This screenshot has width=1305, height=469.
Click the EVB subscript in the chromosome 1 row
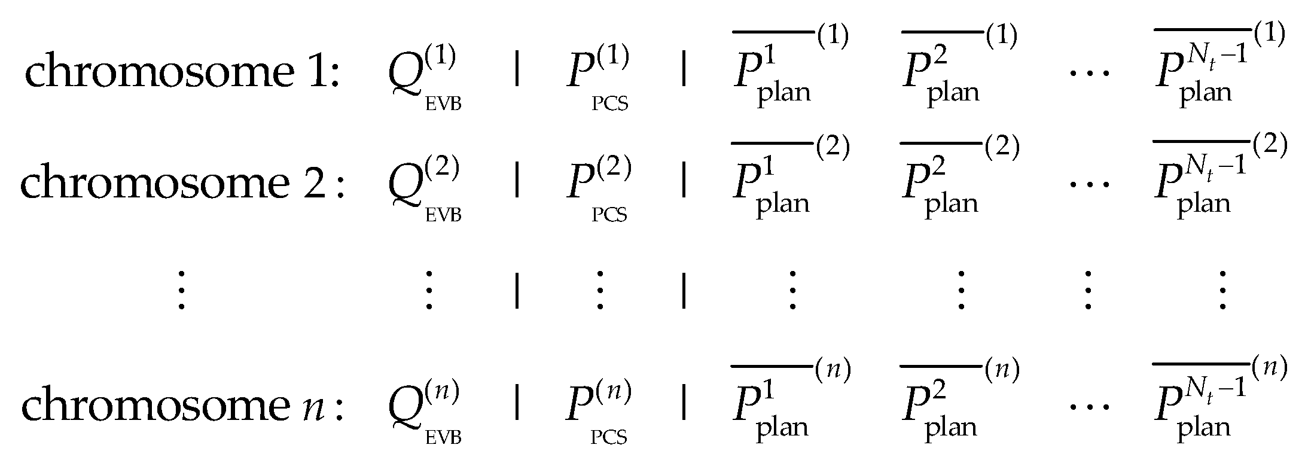pyautogui.click(x=443, y=105)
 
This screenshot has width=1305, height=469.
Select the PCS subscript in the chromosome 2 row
pyautogui.click(x=609, y=215)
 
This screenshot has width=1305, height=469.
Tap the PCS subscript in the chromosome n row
pyautogui.click(x=609, y=438)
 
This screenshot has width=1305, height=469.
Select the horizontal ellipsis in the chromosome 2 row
pyautogui.click(x=1088, y=184)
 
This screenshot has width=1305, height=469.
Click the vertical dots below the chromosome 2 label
pyautogui.click(x=181, y=290)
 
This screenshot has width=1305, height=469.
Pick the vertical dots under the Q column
pyautogui.click(x=428, y=290)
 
